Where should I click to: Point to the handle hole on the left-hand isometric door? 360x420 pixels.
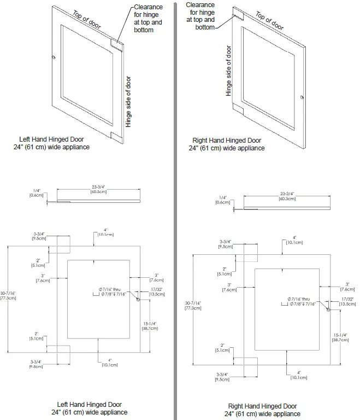pyautogui.click(x=53, y=57)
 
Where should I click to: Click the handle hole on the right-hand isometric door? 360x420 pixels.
pyautogui.click(x=301, y=98)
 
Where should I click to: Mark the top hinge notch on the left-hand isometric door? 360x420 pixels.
pyautogui.click(x=117, y=42)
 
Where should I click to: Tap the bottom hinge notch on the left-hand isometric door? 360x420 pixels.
pyautogui.click(x=115, y=135)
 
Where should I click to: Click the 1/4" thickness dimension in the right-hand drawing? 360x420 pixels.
pyautogui.click(x=222, y=200)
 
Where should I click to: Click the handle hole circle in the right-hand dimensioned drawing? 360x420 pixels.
pyautogui.click(x=328, y=310)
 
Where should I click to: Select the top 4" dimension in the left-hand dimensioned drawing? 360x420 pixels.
pyautogui.click(x=105, y=232)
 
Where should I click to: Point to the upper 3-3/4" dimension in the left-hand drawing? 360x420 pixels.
pyautogui.click(x=40, y=236)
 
